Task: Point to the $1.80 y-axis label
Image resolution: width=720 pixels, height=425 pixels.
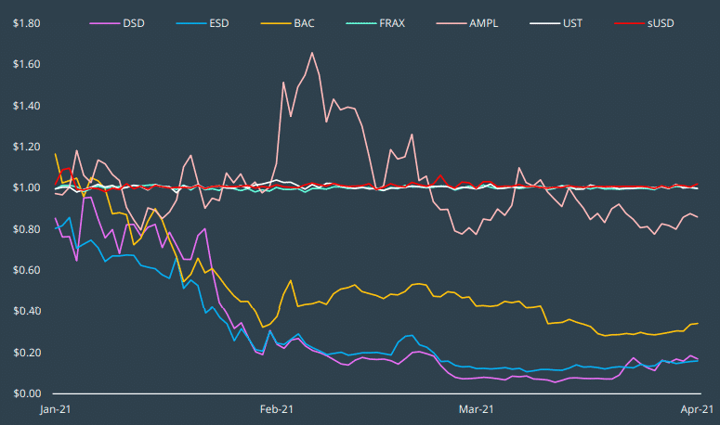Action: point(25,23)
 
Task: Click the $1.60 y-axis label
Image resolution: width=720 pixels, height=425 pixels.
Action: point(25,64)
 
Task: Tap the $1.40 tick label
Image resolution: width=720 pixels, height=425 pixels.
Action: point(25,106)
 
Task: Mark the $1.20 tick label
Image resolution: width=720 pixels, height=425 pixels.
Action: point(25,147)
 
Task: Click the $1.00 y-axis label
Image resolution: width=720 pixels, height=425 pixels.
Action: point(25,188)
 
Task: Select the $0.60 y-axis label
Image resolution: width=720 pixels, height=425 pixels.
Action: point(25,270)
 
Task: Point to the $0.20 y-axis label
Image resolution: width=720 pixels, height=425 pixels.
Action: point(25,353)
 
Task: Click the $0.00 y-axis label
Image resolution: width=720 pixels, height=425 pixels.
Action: point(25,393)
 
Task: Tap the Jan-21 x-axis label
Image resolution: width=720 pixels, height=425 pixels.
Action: point(55,409)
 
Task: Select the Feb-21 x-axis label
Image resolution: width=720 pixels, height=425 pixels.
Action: point(277,409)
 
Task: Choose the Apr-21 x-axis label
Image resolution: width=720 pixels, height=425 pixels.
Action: point(696,409)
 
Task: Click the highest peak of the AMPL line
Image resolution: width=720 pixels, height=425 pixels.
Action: point(311,53)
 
